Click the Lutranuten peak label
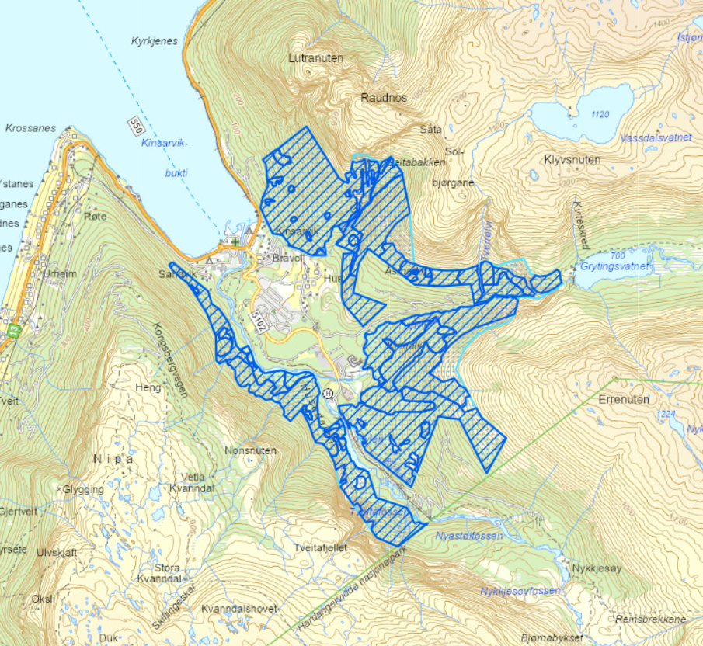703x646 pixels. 315,58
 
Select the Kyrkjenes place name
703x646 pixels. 154,41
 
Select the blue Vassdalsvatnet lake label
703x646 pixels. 656,137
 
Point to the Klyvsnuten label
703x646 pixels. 572,159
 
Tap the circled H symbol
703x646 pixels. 328,394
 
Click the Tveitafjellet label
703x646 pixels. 319,547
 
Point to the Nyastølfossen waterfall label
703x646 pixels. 468,537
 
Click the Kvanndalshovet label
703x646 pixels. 238,609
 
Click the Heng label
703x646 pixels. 148,387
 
